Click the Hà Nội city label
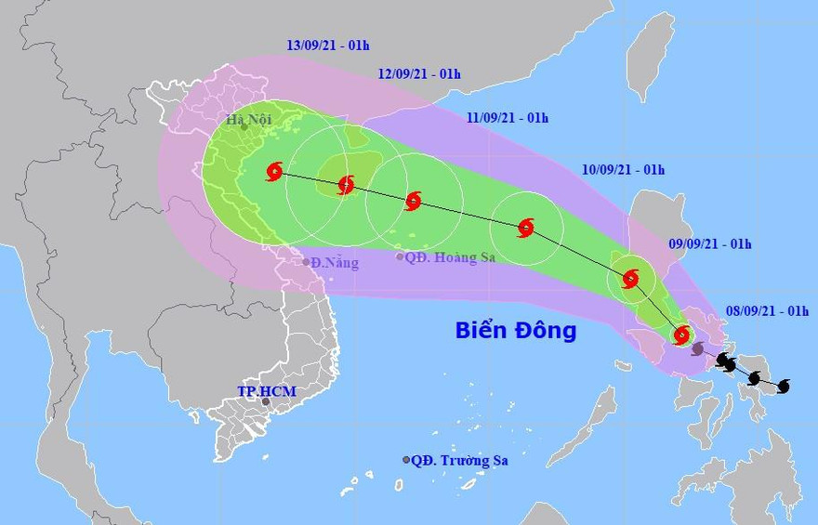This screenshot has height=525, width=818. (250, 120)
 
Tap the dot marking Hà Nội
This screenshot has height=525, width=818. (244, 128)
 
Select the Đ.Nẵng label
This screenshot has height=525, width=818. (335, 263)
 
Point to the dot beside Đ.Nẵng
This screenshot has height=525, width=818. (306, 262)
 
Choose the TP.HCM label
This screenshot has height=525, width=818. (266, 391)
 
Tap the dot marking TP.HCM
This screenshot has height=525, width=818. (266, 402)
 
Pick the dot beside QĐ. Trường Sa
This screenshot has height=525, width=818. (406, 460)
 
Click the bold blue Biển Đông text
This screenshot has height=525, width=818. (516, 330)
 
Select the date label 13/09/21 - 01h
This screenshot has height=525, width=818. (327, 45)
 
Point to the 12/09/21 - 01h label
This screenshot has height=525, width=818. (419, 74)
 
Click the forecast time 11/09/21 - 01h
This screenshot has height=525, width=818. (507, 118)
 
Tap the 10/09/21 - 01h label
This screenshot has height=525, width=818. (623, 170)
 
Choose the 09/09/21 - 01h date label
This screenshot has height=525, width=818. (710, 244)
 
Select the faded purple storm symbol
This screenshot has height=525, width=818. (698, 349)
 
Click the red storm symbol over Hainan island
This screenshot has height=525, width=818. (346, 184)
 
